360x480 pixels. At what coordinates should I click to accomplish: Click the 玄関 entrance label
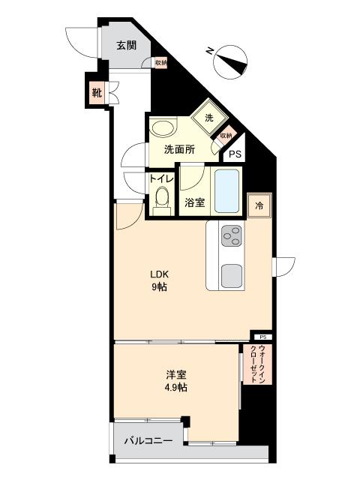(x=126, y=46)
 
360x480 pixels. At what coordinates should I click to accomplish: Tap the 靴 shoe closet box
(x=97, y=92)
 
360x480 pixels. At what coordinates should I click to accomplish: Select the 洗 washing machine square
(x=209, y=118)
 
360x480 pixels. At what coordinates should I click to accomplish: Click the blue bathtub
(x=226, y=191)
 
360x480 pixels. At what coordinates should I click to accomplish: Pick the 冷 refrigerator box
(x=259, y=205)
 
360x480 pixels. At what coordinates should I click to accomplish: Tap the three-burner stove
(x=232, y=235)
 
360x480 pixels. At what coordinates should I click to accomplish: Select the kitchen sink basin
(x=232, y=276)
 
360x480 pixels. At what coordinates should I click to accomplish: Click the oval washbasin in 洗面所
(x=163, y=128)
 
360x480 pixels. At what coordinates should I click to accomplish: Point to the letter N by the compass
(x=209, y=50)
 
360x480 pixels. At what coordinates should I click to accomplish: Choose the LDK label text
(x=159, y=274)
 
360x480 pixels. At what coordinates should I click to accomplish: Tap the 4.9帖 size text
(x=175, y=388)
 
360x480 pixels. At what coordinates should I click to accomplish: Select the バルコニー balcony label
(x=148, y=441)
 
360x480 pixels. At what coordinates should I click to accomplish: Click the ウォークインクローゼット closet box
(x=258, y=364)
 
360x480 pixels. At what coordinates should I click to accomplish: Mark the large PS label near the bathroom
(x=235, y=154)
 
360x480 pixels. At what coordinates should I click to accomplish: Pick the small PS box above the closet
(x=263, y=337)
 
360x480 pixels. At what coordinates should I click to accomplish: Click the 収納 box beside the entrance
(x=161, y=63)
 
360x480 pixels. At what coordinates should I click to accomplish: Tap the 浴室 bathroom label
(x=195, y=202)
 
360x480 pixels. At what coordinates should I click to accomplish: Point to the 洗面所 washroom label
(x=179, y=150)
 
